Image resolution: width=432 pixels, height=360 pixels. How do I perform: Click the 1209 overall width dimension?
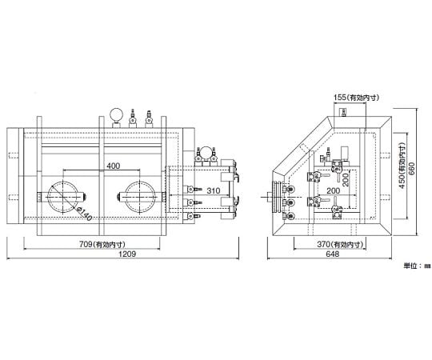point(127,254)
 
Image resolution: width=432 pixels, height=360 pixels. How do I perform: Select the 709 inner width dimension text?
point(102,244)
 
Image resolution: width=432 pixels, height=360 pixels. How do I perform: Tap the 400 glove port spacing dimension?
point(114,166)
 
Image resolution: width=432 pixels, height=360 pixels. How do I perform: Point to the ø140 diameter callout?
point(85,214)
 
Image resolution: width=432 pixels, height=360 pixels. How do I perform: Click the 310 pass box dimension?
point(214,190)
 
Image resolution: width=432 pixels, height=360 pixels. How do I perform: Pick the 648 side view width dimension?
point(332,254)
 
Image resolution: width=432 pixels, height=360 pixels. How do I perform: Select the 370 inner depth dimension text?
point(340,244)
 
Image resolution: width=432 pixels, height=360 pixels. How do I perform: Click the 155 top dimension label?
point(356,98)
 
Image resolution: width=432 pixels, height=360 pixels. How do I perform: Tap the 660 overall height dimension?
point(410,170)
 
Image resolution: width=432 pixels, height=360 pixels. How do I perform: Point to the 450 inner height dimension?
point(402,166)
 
